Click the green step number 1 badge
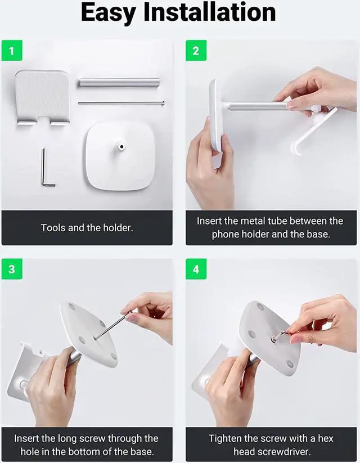point(12,51)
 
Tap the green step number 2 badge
point(196,51)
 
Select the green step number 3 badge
point(12,269)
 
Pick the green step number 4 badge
point(196,269)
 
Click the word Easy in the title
point(109,13)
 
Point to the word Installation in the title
point(210,12)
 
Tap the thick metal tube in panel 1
point(119,83)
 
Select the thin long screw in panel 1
point(121,103)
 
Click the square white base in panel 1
point(120,156)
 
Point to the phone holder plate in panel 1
point(42,97)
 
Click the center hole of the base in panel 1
point(121,146)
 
